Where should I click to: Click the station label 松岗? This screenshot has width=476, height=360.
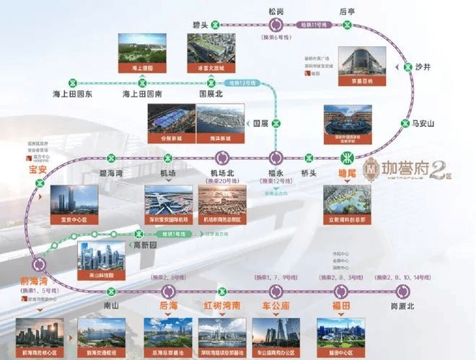coord(277,12)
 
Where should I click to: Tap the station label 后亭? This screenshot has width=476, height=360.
coord(348,12)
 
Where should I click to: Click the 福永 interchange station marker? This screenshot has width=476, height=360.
coord(276,157)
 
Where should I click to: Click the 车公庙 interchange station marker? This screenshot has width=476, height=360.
coord(276,291)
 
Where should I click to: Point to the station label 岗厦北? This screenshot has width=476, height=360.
coord(403,306)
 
